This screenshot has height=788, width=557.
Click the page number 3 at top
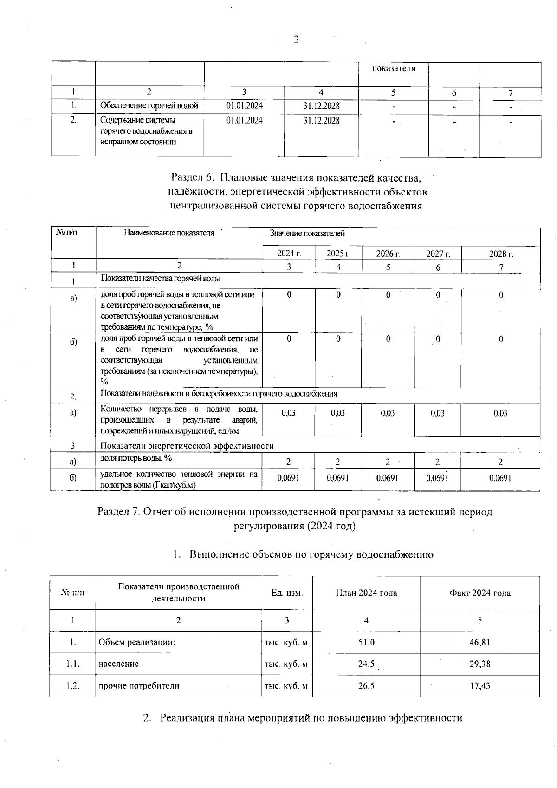coord(296,40)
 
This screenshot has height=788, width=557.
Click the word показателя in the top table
coord(393,69)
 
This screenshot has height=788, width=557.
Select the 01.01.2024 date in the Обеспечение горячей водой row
coord(244,105)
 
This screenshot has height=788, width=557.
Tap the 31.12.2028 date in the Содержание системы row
coord(321,121)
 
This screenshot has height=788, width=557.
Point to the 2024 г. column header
coord(289,254)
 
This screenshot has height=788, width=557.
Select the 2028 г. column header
coord(501,254)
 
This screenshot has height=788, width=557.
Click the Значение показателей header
coord(307,234)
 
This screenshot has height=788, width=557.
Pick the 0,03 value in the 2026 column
coord(388,413)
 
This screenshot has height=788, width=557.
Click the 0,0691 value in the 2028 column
coord(500,478)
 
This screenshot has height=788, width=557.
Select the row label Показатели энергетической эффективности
coord(187,446)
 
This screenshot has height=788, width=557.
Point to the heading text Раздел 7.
coord(119,512)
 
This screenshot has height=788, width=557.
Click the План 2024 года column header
coord(366,593)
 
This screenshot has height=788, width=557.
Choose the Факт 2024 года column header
coord(479,593)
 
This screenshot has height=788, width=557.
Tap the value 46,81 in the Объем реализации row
coord(479,643)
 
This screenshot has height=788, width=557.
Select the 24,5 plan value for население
coord(366,664)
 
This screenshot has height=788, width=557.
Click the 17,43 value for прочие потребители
coord(479,686)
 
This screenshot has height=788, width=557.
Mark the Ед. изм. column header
coord(287,593)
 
